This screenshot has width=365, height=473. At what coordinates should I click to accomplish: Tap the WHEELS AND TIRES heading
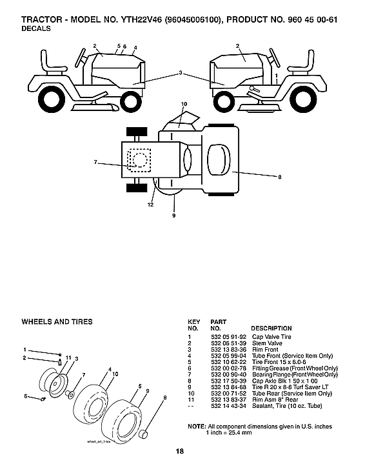click(57, 321)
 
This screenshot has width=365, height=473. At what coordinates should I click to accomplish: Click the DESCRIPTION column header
click(271, 328)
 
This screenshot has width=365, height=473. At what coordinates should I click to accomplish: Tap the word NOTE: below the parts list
click(196, 427)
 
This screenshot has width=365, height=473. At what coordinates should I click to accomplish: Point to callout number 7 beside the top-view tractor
click(95, 162)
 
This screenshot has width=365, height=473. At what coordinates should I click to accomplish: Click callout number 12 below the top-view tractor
click(150, 205)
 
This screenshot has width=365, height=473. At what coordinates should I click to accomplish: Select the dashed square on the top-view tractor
click(139, 159)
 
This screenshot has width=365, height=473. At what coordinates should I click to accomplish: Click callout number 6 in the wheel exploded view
click(26, 396)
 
